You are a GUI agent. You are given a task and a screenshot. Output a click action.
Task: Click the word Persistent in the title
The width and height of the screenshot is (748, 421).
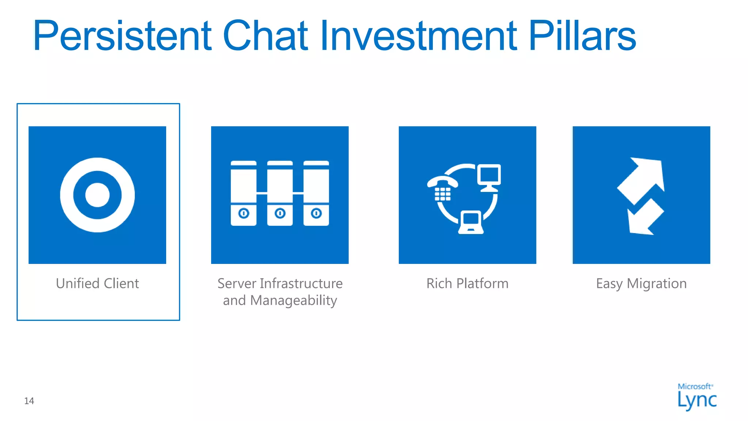click(x=122, y=36)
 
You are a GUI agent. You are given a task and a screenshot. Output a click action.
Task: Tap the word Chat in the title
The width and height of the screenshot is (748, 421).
click(x=266, y=36)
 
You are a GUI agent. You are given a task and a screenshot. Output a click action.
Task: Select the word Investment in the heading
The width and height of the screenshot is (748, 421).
click(x=419, y=36)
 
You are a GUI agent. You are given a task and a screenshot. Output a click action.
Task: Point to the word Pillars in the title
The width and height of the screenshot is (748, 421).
click(x=582, y=36)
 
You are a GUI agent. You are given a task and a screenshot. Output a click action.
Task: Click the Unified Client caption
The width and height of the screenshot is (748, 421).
click(x=97, y=284)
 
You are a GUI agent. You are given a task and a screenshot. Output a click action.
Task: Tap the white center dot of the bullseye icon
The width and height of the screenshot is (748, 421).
click(x=97, y=195)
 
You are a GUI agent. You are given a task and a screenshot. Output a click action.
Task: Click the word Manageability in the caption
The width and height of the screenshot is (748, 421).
click(x=294, y=300)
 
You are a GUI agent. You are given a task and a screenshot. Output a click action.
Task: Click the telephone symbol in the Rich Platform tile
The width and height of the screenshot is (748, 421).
click(x=442, y=188)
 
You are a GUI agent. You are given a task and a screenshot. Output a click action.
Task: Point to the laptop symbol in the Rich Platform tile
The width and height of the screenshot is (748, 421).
click(x=471, y=222)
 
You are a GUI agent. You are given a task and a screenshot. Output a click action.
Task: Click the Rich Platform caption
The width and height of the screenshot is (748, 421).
click(x=467, y=284)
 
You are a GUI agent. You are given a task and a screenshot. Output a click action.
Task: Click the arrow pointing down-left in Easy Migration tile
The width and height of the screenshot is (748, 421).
click(x=644, y=218)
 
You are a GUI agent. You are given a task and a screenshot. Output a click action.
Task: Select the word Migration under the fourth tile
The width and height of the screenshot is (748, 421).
click(x=657, y=284)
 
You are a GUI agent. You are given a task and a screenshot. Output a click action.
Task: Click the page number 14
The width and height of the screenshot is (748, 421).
click(x=29, y=401)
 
